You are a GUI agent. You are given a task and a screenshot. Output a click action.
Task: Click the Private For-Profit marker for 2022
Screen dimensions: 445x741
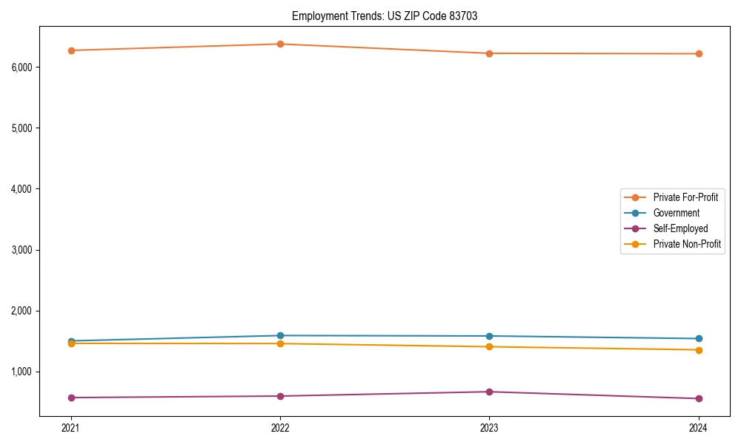(x=280, y=44)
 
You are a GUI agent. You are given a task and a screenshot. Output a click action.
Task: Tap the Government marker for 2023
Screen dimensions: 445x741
(x=489, y=336)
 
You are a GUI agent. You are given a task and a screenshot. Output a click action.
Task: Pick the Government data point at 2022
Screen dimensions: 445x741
(x=280, y=335)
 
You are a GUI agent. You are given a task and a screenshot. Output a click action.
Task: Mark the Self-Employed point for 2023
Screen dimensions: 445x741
(x=489, y=392)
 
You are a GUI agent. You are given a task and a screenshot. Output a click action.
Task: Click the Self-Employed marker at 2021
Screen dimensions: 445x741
(x=71, y=398)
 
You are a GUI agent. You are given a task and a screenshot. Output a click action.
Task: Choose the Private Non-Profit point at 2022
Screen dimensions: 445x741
(x=280, y=343)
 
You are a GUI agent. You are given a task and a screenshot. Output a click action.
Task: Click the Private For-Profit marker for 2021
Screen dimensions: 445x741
(x=71, y=50)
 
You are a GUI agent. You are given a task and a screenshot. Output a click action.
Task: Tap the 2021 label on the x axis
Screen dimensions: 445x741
(x=71, y=428)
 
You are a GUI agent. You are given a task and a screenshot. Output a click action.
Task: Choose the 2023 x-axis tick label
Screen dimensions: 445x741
(x=489, y=428)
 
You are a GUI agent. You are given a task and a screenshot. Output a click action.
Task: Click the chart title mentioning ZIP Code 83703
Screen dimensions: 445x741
(x=385, y=16)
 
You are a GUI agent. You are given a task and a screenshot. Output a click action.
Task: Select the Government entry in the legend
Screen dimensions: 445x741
(x=676, y=213)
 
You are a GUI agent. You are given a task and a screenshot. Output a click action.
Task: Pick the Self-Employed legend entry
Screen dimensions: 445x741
(x=680, y=228)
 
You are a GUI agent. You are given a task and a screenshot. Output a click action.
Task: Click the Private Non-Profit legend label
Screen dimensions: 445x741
(x=687, y=244)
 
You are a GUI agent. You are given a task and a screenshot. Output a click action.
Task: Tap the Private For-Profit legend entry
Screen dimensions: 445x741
(x=685, y=197)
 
